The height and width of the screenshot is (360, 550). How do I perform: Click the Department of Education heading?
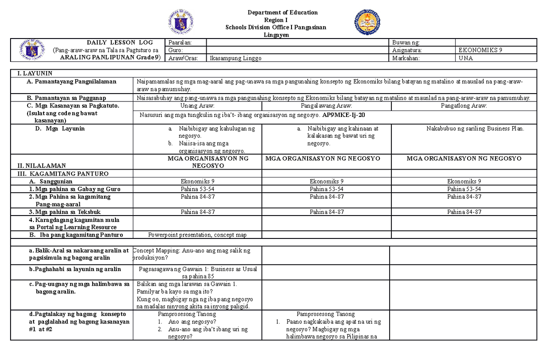click(x=275, y=12)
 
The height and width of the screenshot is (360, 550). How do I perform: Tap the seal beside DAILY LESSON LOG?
click(x=33, y=50)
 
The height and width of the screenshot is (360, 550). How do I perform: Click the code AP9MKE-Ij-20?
click(x=344, y=116)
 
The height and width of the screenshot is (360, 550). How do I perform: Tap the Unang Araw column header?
click(x=197, y=106)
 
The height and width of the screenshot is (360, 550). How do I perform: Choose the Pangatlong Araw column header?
click(x=464, y=106)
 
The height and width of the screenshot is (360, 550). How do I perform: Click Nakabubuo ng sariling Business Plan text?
click(x=475, y=128)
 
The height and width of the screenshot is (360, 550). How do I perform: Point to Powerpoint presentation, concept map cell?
click(x=197, y=235)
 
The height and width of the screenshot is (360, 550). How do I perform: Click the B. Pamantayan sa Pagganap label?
click(x=66, y=98)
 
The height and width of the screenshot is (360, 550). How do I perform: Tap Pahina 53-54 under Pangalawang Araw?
click(x=326, y=189)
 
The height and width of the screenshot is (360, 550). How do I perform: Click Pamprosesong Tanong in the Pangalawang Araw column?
click(x=325, y=314)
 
